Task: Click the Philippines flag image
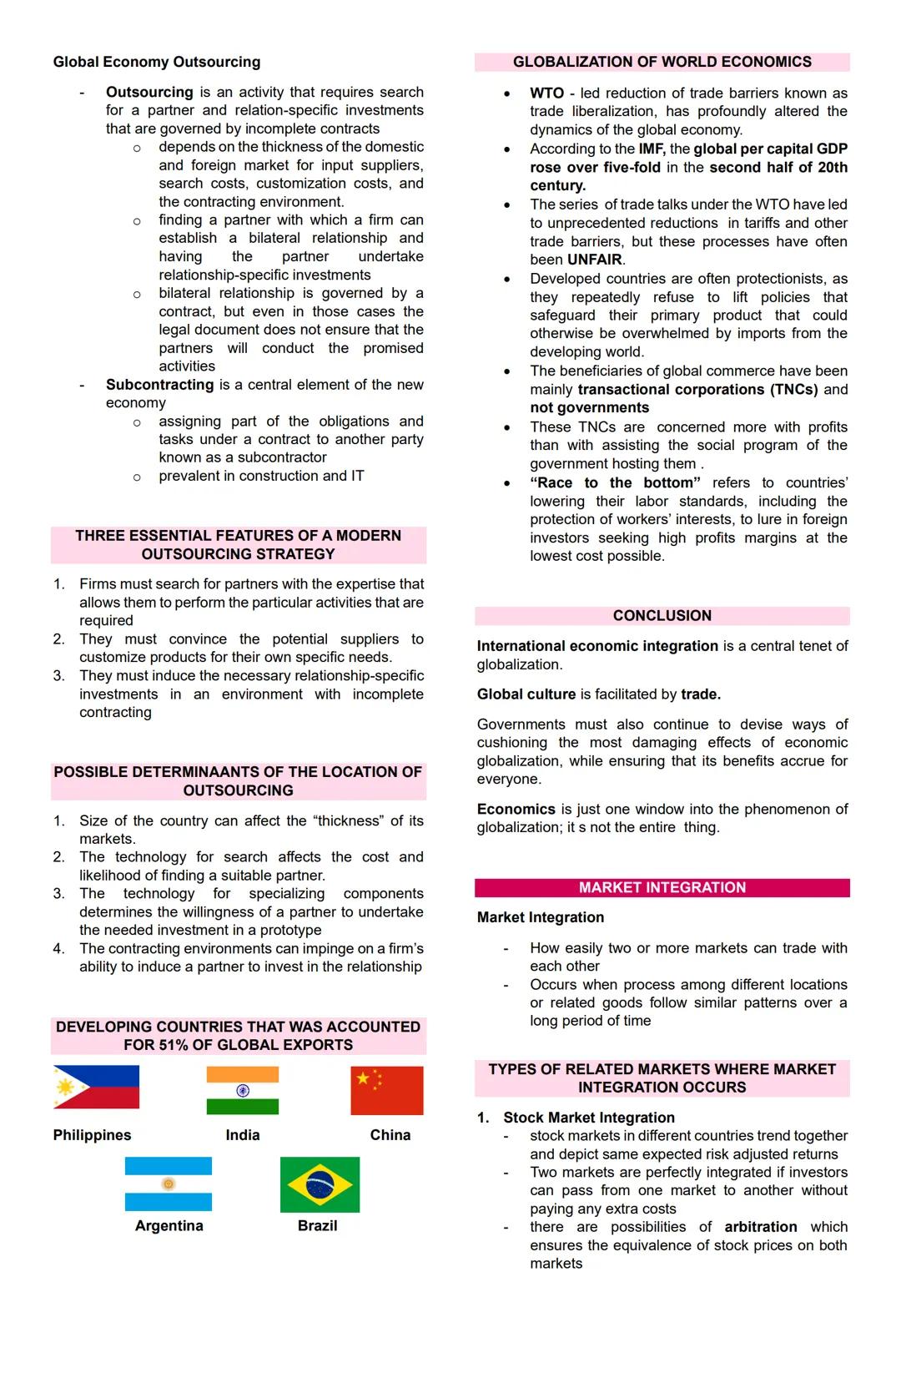pyautogui.click(x=96, y=1087)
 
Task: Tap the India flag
pyautogui.click(x=243, y=1090)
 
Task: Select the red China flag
pyautogui.click(x=387, y=1090)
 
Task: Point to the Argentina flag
pyautogui.click(x=169, y=1184)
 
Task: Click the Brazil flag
pyautogui.click(x=320, y=1184)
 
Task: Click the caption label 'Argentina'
pyautogui.click(x=169, y=1225)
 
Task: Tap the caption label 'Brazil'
pyautogui.click(x=318, y=1225)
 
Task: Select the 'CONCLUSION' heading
pyautogui.click(x=662, y=616)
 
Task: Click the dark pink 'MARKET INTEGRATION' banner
pyautogui.click(x=662, y=887)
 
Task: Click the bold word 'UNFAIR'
pyautogui.click(x=595, y=260)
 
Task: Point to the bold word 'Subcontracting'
pyautogui.click(x=159, y=385)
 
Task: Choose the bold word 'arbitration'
pyautogui.click(x=761, y=1227)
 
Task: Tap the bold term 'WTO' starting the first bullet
pyautogui.click(x=547, y=93)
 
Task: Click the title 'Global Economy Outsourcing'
pyautogui.click(x=157, y=62)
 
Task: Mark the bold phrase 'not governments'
pyautogui.click(x=590, y=407)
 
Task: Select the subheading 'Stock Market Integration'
pyautogui.click(x=589, y=1118)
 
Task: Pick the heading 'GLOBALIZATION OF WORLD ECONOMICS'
pyautogui.click(x=662, y=62)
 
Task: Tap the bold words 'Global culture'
pyautogui.click(x=526, y=694)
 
